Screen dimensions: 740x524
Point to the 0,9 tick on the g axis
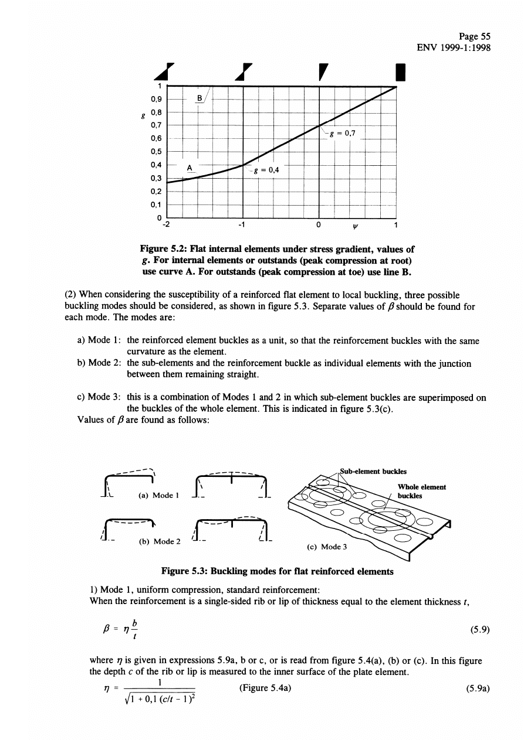click(157, 99)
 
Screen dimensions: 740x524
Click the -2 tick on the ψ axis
click(167, 224)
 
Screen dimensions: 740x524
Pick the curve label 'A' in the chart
click(190, 168)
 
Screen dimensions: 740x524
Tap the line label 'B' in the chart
click(199, 98)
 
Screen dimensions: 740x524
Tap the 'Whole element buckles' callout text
click(421, 491)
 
